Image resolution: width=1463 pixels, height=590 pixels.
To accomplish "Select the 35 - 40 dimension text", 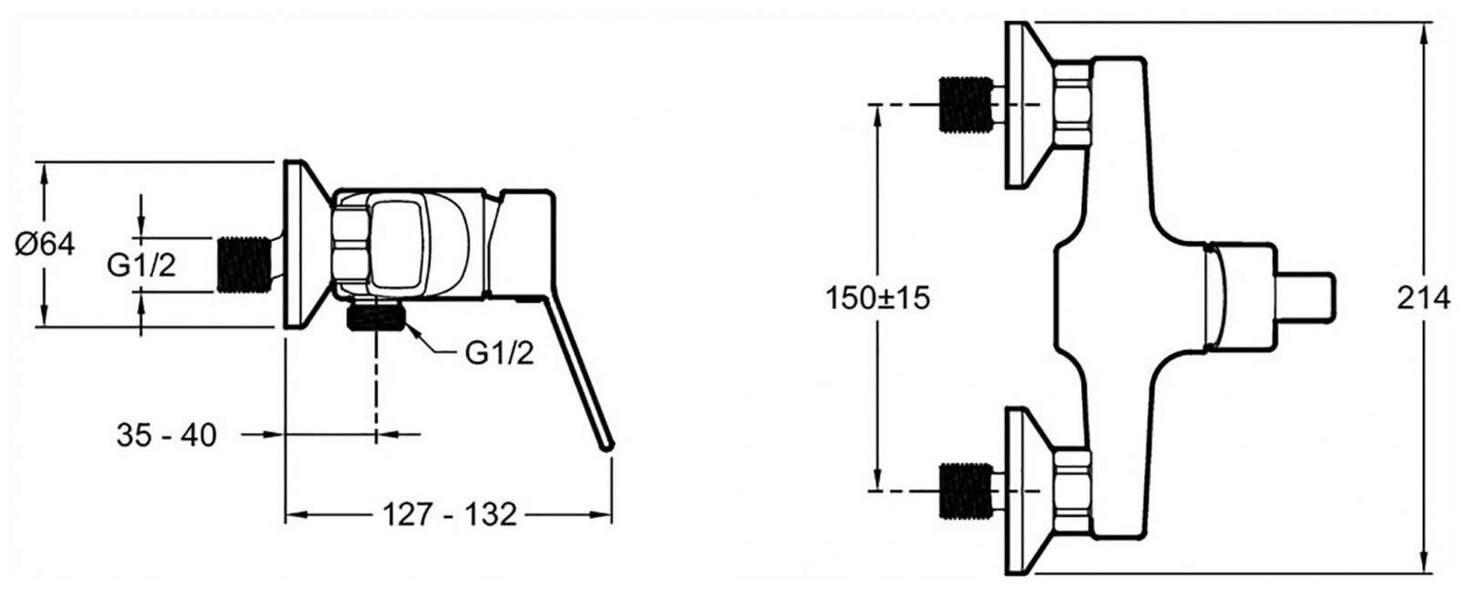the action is (x=167, y=436).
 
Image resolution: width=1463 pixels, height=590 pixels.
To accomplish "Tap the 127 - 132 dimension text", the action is (x=448, y=514).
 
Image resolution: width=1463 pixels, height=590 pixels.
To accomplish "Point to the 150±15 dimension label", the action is (x=878, y=298).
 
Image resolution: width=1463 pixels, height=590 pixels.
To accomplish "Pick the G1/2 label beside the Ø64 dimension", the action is (x=141, y=264).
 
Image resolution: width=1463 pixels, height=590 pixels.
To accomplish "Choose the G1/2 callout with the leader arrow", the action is (x=499, y=354).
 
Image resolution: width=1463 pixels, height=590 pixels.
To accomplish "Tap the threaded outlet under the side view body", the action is (x=376, y=318).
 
